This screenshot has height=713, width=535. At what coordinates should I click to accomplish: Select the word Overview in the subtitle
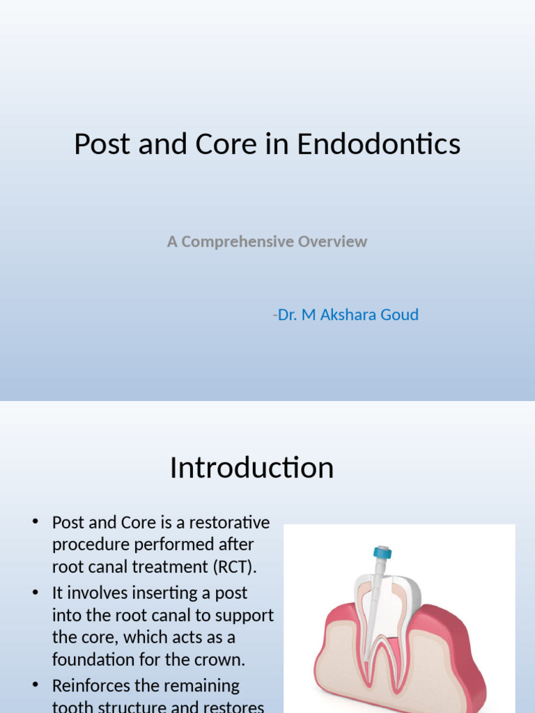pos(332,242)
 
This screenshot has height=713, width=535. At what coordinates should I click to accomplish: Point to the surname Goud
pos(401,315)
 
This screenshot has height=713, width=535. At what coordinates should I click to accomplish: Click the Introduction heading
pos(251,467)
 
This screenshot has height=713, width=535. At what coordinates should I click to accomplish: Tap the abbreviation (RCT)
pos(234,567)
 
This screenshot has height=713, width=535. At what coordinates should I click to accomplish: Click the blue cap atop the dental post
pos(382,554)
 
